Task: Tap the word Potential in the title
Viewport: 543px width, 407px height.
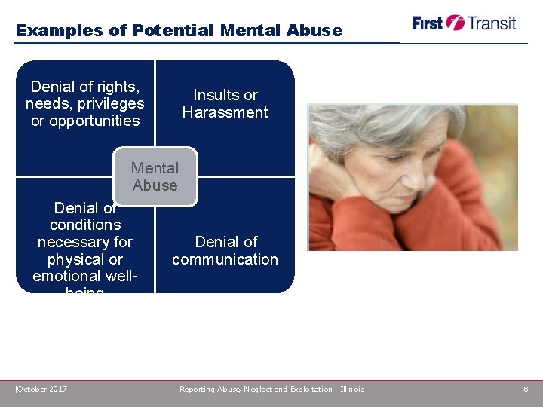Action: click(x=173, y=31)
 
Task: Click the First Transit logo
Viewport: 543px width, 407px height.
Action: click(x=464, y=23)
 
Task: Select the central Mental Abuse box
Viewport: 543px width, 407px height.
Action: click(x=155, y=177)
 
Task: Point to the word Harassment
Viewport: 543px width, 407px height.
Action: click(x=225, y=112)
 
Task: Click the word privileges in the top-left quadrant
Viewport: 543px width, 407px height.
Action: click(x=110, y=104)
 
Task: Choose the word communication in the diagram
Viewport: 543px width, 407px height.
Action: click(x=225, y=259)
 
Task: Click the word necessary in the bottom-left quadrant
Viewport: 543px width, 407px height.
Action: click(x=84, y=242)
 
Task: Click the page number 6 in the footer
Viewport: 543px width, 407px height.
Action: click(x=526, y=389)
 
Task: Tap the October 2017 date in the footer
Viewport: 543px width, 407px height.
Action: click(x=41, y=389)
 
